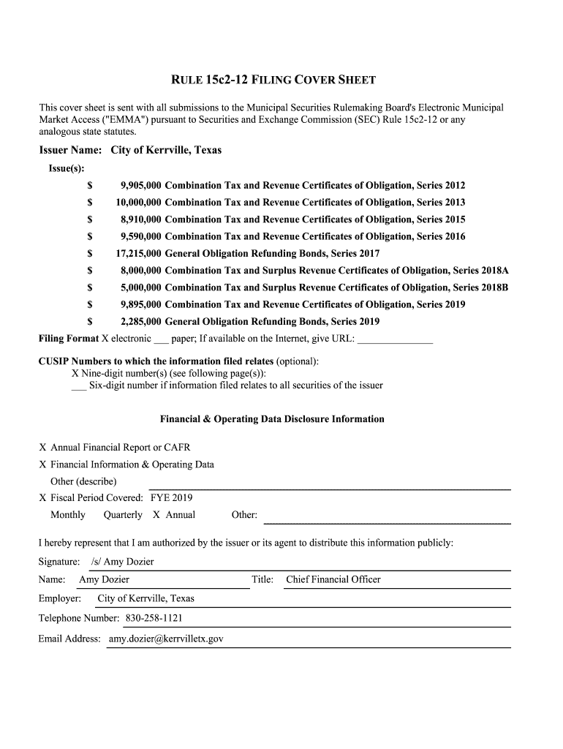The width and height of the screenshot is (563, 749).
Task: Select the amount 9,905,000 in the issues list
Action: click(x=140, y=186)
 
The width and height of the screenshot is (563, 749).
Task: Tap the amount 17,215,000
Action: click(x=138, y=254)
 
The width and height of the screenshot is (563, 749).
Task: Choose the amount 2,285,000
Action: click(x=140, y=322)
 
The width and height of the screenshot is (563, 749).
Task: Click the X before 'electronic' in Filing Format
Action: click(x=105, y=339)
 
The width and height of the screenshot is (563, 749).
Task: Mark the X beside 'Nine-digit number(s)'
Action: click(x=75, y=373)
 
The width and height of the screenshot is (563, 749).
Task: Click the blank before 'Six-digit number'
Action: click(x=78, y=386)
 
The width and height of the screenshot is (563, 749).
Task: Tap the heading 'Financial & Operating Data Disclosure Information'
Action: click(x=272, y=419)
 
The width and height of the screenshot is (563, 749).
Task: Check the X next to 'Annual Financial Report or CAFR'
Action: click(x=43, y=448)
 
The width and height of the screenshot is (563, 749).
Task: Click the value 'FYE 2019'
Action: click(x=171, y=498)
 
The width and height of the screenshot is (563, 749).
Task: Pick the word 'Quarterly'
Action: click(x=123, y=515)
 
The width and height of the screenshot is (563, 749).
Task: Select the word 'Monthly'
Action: click(x=68, y=515)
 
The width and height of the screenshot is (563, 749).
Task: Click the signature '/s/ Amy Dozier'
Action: click(x=122, y=562)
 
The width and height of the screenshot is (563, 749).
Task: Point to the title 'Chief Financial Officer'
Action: click(x=333, y=580)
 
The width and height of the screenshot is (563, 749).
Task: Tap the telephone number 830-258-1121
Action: click(x=154, y=619)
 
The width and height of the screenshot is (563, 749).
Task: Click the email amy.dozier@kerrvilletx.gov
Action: click(x=166, y=639)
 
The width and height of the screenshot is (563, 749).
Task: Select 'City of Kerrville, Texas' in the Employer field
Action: click(x=146, y=599)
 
